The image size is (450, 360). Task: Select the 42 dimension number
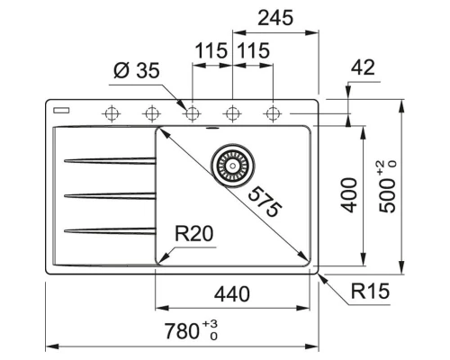(x=364, y=67)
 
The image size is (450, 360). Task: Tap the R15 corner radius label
(x=369, y=291)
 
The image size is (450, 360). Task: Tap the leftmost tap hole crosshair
(x=112, y=113)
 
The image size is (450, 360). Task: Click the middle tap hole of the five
(x=192, y=113)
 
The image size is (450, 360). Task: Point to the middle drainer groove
(x=108, y=194)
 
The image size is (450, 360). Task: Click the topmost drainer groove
(x=108, y=161)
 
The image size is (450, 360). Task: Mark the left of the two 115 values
(x=211, y=51)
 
